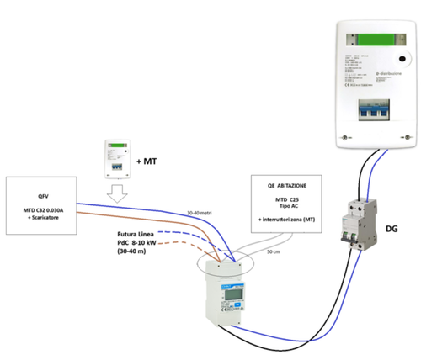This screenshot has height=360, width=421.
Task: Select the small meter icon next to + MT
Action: [117, 158]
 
